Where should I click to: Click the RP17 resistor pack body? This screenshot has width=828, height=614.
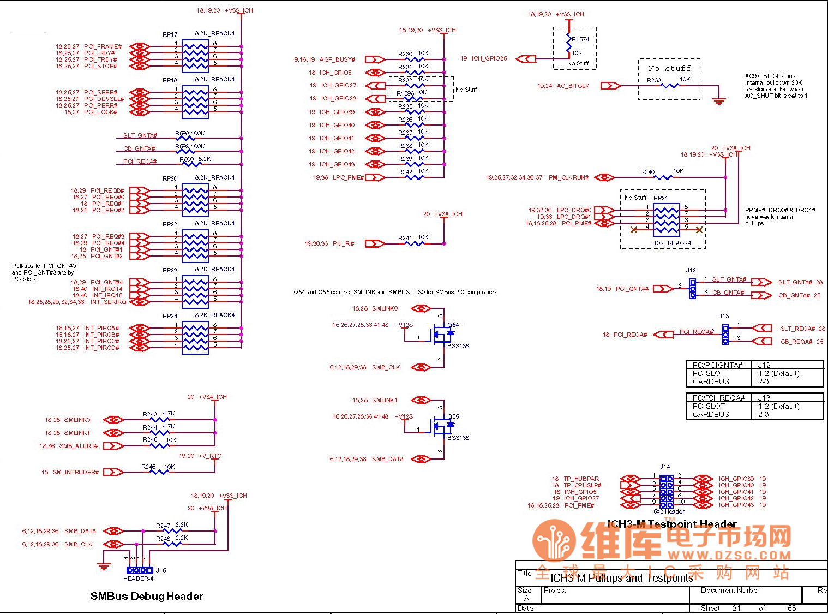point(195,56)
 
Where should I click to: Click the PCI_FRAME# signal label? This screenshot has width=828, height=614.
point(103,47)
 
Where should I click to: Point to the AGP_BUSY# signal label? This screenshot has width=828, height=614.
point(337,59)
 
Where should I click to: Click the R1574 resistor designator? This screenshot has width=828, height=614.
point(580,39)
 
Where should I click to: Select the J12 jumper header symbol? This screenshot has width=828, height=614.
point(692,289)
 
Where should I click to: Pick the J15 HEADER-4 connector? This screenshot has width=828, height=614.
point(140,570)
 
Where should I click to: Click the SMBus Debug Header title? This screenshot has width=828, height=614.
point(147,596)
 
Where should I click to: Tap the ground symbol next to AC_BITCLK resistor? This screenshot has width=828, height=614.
point(719,100)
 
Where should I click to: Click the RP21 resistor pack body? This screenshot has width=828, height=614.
point(667,217)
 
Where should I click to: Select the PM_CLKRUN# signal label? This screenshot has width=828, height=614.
point(568,177)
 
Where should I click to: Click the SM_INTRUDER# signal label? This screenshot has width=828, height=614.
point(76,472)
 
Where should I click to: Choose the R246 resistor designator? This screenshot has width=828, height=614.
point(148,467)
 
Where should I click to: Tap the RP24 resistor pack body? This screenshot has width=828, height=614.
point(195,338)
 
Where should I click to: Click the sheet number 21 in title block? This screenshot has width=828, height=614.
point(736,608)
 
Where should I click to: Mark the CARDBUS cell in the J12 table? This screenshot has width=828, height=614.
point(711,381)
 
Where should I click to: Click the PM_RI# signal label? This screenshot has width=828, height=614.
point(344,243)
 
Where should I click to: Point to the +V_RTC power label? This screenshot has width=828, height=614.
point(210,456)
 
